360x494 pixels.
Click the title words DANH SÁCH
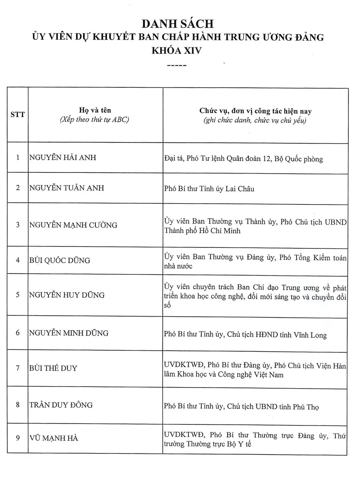tap(178, 24)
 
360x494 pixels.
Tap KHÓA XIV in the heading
tap(176, 50)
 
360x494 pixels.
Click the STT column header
tap(17, 114)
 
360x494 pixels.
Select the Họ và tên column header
tap(95, 110)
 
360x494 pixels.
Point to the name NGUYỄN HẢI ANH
tap(63, 157)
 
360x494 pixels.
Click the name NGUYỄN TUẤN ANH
tap(67, 188)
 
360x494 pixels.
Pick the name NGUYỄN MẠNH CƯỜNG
tap(73, 225)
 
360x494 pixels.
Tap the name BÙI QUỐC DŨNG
tap(60, 260)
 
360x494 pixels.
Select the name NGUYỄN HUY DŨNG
tap(67, 295)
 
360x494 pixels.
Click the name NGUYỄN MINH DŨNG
tap(69, 333)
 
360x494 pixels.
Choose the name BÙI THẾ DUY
tap(53, 368)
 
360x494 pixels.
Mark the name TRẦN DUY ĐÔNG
tap(61, 405)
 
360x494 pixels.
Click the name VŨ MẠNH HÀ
tap(54, 438)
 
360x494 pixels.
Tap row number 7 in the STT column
tap(18, 368)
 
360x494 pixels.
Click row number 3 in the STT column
tap(18, 225)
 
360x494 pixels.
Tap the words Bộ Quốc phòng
tap(299, 159)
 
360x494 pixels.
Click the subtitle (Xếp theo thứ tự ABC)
tap(95, 120)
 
